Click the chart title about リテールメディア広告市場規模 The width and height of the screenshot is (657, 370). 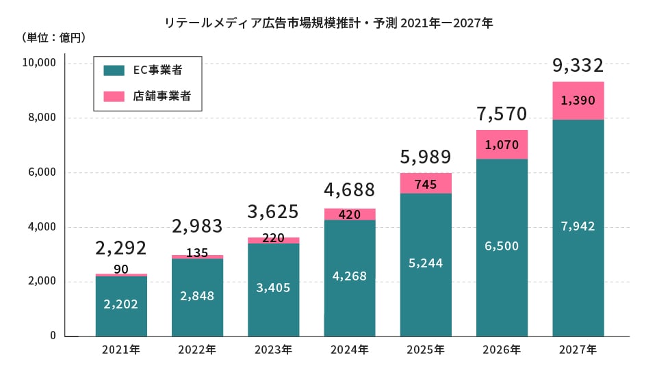328,23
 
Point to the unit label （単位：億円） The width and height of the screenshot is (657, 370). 53,37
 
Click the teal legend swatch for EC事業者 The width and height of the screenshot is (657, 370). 114,70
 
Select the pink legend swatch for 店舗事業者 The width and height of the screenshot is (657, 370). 114,96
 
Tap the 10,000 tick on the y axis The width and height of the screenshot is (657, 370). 38,63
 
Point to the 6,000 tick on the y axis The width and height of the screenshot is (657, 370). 41,172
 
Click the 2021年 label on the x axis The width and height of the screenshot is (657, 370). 121,350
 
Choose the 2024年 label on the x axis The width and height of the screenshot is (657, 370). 349,350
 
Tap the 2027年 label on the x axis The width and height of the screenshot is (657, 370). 578,350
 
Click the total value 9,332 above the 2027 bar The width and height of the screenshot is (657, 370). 578,66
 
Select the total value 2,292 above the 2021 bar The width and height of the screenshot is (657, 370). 121,248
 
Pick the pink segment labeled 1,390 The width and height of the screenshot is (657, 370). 578,101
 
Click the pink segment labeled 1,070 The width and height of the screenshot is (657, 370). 502,144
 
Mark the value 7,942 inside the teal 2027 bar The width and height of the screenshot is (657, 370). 578,226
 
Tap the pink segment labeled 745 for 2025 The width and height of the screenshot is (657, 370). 426,183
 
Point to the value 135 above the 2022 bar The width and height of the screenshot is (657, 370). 197,252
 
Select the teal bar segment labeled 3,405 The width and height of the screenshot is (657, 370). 273,288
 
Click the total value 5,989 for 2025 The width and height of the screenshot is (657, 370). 426,157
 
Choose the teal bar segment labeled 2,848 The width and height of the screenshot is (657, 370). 197,296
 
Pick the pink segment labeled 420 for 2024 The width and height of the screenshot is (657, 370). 349,214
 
